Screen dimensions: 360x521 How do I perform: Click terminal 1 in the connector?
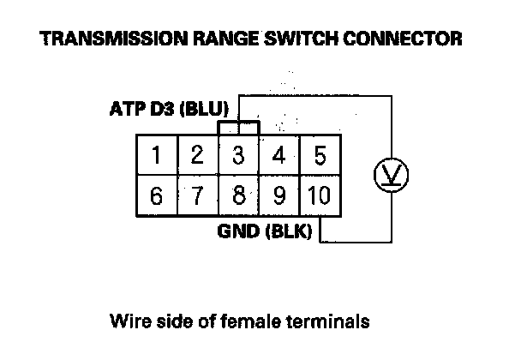click(x=156, y=156)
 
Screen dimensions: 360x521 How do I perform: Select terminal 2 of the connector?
click(x=197, y=156)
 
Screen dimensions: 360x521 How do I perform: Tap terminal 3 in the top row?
click(x=238, y=156)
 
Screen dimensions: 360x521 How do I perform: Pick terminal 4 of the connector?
click(x=278, y=156)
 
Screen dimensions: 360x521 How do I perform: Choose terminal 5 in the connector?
click(x=319, y=156)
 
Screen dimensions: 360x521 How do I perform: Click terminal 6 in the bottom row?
click(x=156, y=195)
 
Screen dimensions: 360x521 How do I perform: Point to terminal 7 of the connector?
click(x=197, y=195)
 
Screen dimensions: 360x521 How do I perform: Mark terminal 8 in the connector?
click(x=238, y=195)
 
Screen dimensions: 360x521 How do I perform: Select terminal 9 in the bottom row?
click(x=278, y=195)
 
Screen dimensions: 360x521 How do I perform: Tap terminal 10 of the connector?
click(x=318, y=195)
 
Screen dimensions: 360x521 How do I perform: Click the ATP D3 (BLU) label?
click(x=168, y=111)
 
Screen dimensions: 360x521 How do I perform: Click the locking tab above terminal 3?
click(x=239, y=127)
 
